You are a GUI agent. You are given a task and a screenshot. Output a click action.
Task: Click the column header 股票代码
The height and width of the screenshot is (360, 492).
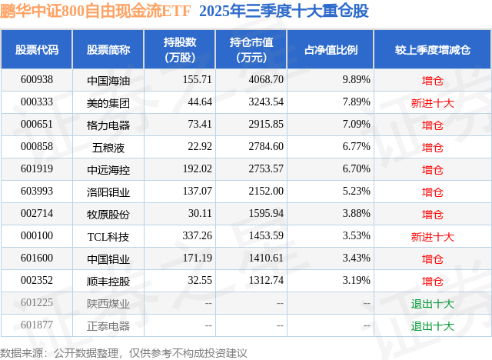pyautogui.click(x=37, y=49)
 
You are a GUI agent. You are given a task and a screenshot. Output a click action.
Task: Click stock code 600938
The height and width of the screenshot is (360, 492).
pyautogui.click(x=37, y=79)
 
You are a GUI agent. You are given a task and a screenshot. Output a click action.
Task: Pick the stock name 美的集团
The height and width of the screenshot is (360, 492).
pyautogui.click(x=108, y=102)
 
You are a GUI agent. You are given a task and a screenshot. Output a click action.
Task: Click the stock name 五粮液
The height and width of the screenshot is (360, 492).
pyautogui.click(x=108, y=147)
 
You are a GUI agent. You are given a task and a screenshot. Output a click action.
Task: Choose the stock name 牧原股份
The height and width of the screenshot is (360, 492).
pyautogui.click(x=108, y=214)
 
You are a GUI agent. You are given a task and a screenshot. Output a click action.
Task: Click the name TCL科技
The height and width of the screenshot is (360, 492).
pyautogui.click(x=108, y=236)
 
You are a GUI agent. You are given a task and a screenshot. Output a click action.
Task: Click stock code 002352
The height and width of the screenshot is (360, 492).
pyautogui.click(x=37, y=281)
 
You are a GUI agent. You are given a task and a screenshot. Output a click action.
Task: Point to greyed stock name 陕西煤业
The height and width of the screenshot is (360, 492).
pyautogui.click(x=108, y=303)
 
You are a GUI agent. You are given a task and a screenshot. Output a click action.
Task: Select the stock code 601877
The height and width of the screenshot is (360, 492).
pyautogui.click(x=37, y=325)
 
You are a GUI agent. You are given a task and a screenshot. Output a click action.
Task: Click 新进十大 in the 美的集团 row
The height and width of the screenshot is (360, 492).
pyautogui.click(x=433, y=102)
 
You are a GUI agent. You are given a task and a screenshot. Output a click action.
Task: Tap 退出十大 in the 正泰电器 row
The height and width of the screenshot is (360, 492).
pyautogui.click(x=433, y=325)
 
